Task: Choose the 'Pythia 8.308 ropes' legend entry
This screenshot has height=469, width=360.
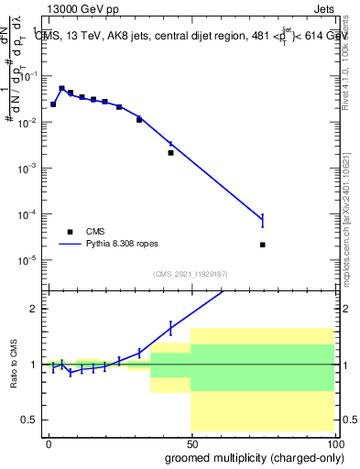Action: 115,245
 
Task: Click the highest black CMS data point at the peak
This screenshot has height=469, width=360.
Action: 61,89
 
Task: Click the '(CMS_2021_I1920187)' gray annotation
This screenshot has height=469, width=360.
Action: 190,273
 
